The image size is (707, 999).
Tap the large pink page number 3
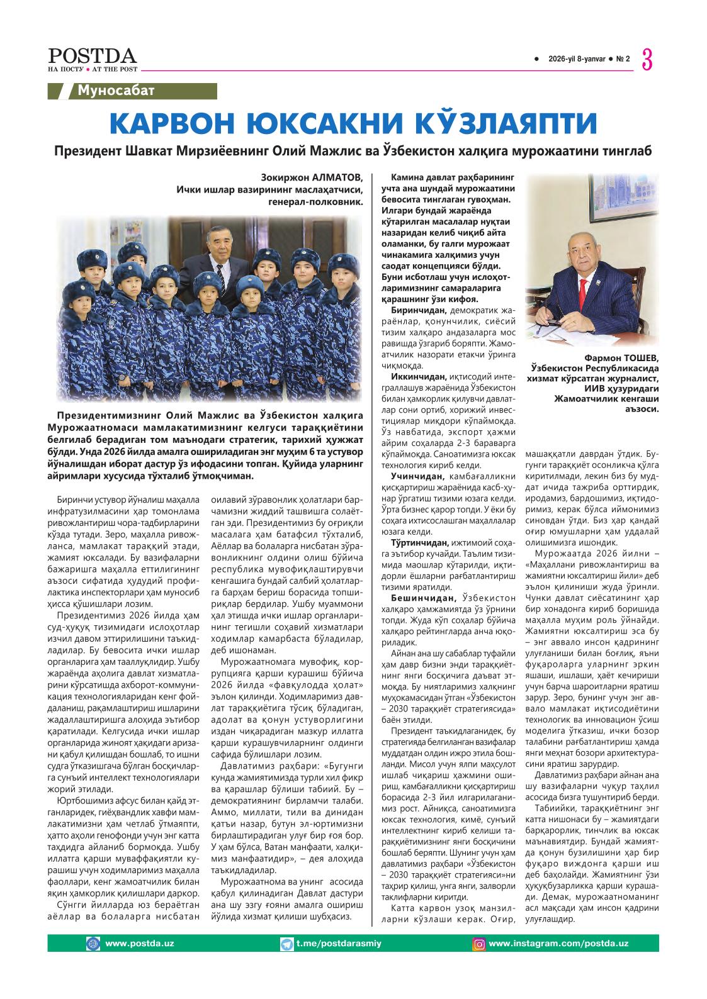point(647,60)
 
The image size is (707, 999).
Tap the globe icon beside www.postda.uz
point(93,944)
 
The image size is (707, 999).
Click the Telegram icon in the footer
point(287,944)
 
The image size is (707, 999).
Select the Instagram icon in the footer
point(479,944)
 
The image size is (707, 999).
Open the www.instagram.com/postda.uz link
point(558,944)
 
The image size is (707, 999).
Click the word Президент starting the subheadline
point(86,152)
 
